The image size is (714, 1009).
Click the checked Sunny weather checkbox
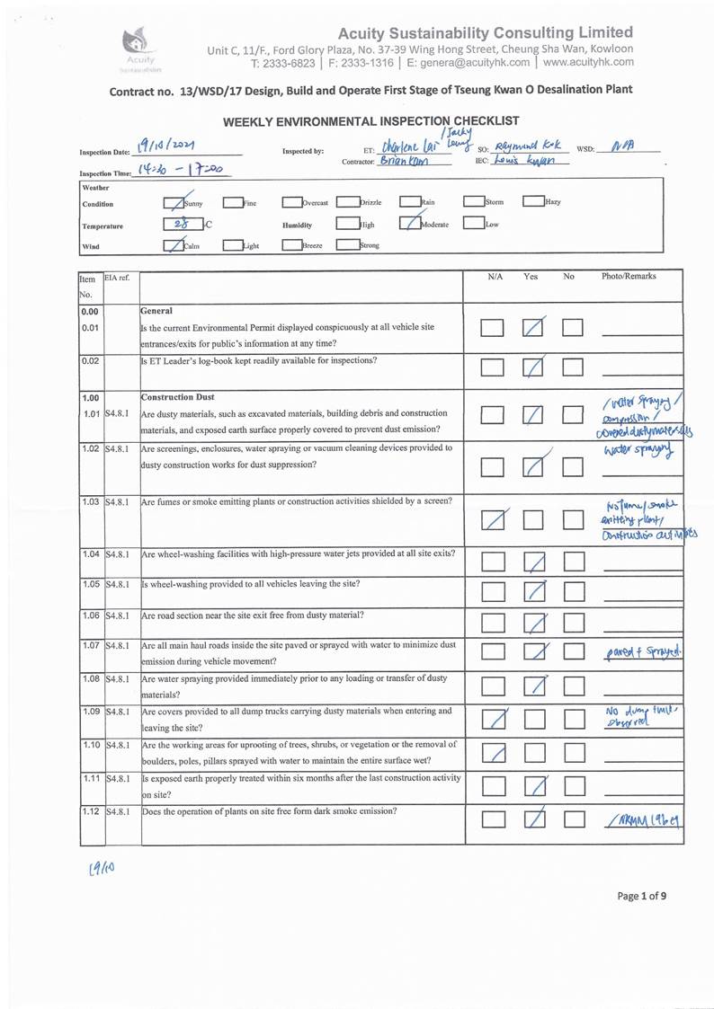click(x=176, y=203)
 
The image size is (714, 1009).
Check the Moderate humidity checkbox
click(x=409, y=225)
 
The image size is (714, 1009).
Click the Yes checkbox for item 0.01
click(x=535, y=328)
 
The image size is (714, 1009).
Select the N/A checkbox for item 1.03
click(x=492, y=518)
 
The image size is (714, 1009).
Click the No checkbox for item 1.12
click(x=574, y=818)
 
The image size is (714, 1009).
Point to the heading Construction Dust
click(x=178, y=397)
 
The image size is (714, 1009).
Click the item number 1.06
click(x=89, y=615)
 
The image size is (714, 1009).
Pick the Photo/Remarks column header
click(x=629, y=277)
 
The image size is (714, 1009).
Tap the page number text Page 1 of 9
click(x=641, y=895)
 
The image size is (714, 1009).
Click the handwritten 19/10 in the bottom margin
click(x=100, y=867)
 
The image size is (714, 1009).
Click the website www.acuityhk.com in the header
click(x=588, y=63)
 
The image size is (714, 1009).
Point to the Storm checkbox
click(x=473, y=202)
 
